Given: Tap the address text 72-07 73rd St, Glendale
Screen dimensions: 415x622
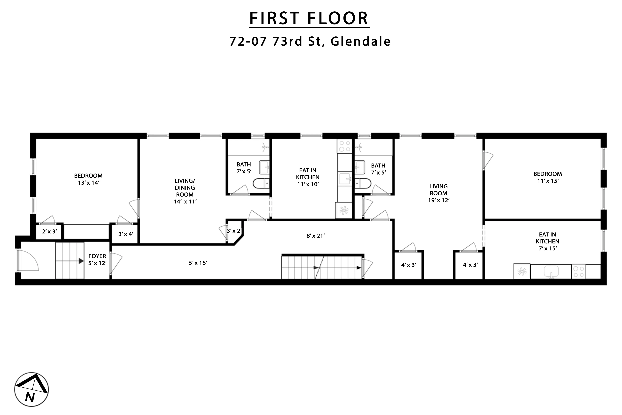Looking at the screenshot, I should coord(310,41).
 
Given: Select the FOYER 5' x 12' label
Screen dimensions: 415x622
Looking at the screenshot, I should coord(97,260).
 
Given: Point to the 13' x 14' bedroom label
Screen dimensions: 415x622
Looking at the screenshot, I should coord(88,179).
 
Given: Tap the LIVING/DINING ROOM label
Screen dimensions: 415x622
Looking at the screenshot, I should coord(185,191).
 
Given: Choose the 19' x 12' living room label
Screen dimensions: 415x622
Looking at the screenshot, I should coord(439,193).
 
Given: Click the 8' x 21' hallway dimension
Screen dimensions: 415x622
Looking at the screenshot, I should coord(316,236).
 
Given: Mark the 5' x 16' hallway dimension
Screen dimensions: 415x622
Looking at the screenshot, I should coord(198,263).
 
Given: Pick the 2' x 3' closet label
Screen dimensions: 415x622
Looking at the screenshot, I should coord(49,232).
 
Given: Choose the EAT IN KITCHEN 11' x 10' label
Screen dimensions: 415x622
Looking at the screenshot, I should coord(308,177).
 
